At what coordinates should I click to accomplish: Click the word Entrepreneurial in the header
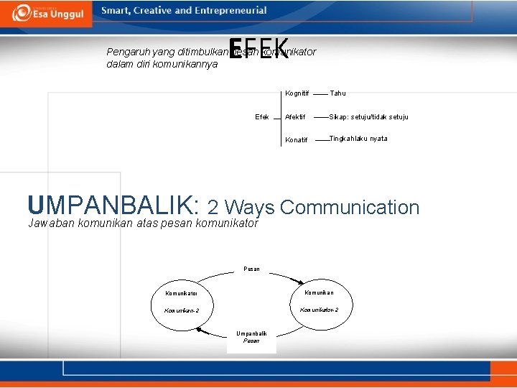(x=230, y=11)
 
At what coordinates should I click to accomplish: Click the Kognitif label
(x=297, y=93)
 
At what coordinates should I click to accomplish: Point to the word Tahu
(x=337, y=93)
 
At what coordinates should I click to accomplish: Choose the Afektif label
(x=295, y=117)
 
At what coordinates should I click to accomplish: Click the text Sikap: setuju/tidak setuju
(x=368, y=117)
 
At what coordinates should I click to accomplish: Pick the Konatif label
(x=296, y=140)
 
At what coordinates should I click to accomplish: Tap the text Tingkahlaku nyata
(x=358, y=139)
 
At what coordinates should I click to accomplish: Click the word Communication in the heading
(x=350, y=208)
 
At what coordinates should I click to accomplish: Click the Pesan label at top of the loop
(x=251, y=269)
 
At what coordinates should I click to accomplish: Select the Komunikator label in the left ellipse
(x=182, y=293)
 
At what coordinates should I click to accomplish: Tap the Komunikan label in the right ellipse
(x=319, y=292)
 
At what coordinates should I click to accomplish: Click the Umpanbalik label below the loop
(x=251, y=333)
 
